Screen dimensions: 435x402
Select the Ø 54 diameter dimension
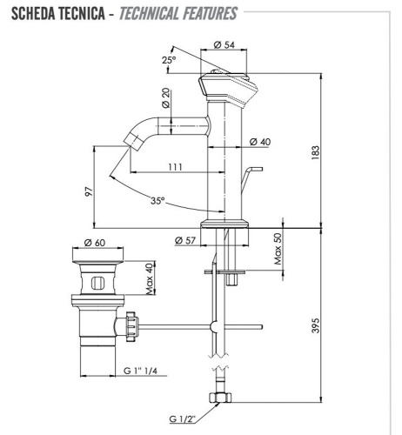pyautogui.click(x=228, y=43)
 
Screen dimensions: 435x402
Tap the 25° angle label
pyautogui.click(x=170, y=59)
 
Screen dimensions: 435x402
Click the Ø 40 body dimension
pyautogui.click(x=259, y=142)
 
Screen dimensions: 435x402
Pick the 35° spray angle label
pyautogui.click(x=157, y=200)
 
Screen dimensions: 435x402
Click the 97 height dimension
pyautogui.click(x=88, y=191)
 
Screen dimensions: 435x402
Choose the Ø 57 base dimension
pyautogui.click(x=183, y=240)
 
